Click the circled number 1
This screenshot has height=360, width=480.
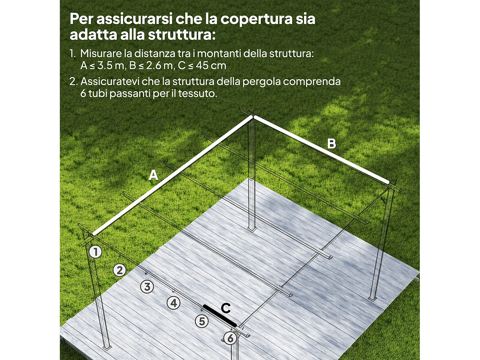pos(95,252)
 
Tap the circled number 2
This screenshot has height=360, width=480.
pos(120,270)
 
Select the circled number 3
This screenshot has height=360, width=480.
pos(147,287)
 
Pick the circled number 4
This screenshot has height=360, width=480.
pos(174,303)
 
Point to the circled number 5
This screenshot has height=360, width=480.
pos(202,321)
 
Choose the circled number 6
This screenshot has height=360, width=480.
pos(230,338)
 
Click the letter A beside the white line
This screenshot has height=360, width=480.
pos(154,175)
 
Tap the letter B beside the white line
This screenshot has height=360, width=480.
pos(332,144)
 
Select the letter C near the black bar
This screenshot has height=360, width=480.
pos(226,308)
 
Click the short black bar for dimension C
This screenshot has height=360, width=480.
pos(220,316)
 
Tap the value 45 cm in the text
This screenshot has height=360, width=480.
pos(211,66)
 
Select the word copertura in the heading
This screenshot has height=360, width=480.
pos(256,19)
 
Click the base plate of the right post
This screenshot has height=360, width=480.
pos(372,299)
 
